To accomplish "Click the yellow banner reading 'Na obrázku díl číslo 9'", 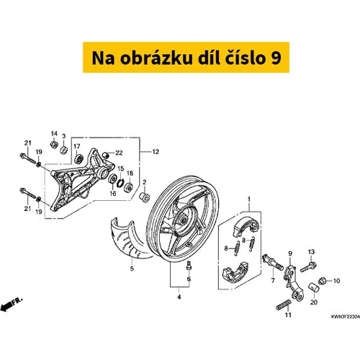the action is point(186,58).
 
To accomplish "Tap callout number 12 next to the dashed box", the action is point(156,152).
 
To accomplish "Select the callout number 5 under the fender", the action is point(132,269).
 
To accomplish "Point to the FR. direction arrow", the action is point(11,304).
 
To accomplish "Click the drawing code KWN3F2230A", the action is point(346,317).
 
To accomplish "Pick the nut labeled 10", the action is point(322,280).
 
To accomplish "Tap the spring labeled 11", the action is point(284,305).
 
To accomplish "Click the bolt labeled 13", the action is point(308,267).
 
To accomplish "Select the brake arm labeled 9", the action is point(292,282).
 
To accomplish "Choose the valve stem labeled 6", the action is point(189,266).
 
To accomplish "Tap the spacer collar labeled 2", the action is point(145,197).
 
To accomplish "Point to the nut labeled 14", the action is point(54,145).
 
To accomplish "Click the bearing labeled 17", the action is point(78,159).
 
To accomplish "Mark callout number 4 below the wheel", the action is point(179,297).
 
